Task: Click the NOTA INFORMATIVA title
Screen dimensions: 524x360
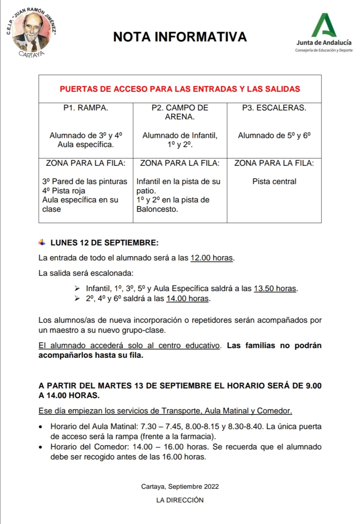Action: (180, 37)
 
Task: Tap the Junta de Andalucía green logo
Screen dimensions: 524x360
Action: (324, 25)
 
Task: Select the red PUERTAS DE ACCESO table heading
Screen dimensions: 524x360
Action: (180, 89)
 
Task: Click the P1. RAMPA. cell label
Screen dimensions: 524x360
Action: (86, 108)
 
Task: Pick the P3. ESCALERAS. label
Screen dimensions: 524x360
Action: (274, 108)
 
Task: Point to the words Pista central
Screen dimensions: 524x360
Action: (274, 181)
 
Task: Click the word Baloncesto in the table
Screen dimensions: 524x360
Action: (157, 209)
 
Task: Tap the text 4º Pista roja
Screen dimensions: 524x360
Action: (64, 191)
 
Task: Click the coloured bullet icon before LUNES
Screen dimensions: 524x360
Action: (42, 242)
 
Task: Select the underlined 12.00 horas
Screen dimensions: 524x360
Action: (211, 258)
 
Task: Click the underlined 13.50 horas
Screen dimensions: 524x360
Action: (275, 288)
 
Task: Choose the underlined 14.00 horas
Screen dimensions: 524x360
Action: (187, 298)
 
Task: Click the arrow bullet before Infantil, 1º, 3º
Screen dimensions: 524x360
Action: (77, 288)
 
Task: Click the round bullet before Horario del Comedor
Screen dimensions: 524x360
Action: (41, 447)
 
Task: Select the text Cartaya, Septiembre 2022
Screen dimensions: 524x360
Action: (180, 486)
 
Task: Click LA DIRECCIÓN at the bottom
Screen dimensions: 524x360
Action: (180, 500)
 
